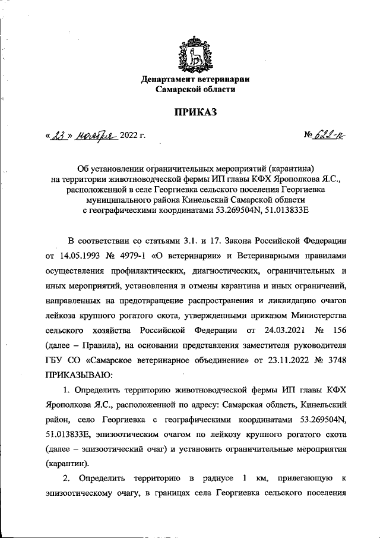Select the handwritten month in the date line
tap(95, 136)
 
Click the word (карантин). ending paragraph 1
tap(67, 462)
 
